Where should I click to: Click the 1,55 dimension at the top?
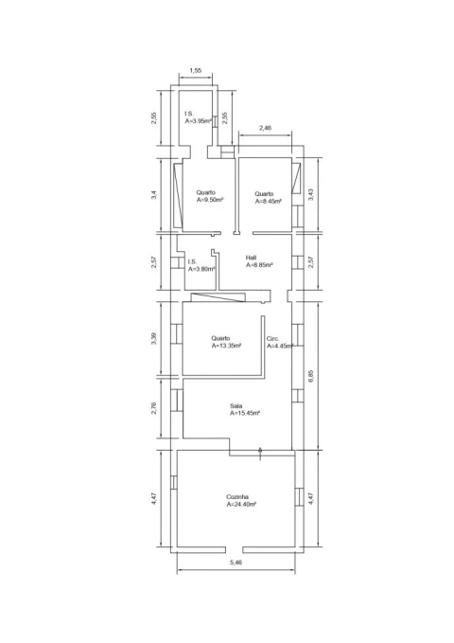196,70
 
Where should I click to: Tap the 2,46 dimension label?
265,128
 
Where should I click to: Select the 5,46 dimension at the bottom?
236,563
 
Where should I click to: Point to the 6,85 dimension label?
310,376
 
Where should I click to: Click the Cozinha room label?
237,497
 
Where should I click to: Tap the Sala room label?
236,406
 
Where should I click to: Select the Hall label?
252,258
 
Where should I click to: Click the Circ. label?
273,339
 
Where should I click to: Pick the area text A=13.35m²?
226,346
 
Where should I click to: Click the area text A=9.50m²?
210,200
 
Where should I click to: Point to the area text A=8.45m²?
269,202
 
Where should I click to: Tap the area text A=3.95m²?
199,121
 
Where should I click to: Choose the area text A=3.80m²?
201,269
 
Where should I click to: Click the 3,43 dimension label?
310,194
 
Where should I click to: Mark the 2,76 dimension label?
153,409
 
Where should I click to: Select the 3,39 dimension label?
153,338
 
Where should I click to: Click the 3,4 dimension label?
153,194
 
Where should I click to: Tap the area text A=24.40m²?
241,505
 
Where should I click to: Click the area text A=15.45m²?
245,413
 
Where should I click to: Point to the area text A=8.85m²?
259,265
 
